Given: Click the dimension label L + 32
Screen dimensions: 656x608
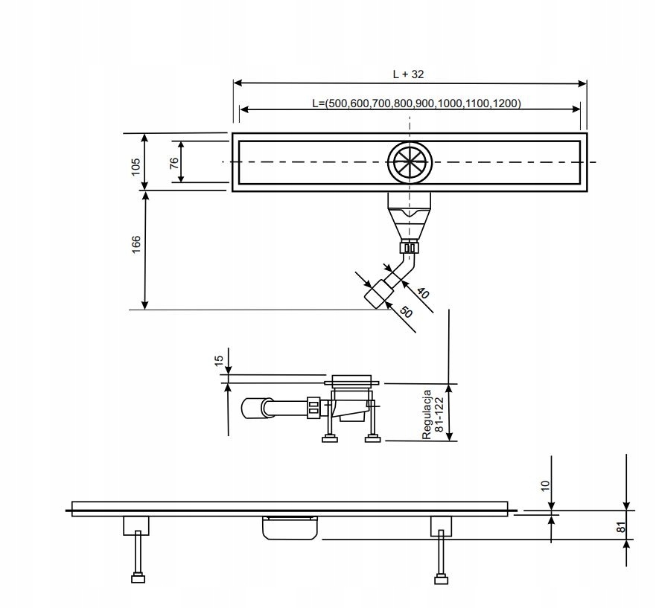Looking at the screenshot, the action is pyautogui.click(x=409, y=74).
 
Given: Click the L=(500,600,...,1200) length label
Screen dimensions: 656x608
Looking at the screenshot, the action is pyautogui.click(x=416, y=103).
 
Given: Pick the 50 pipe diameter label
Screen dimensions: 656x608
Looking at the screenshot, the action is pyautogui.click(x=406, y=311).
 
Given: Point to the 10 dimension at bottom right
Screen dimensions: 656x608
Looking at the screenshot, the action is pyautogui.click(x=545, y=485).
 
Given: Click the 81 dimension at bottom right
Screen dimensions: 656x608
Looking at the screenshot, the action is pyautogui.click(x=620, y=528).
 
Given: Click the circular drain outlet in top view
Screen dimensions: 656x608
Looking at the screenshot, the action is pyautogui.click(x=409, y=161).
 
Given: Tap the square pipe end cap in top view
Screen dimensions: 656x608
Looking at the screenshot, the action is pyautogui.click(x=379, y=294).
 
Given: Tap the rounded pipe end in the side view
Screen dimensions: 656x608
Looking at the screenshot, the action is pyautogui.click(x=254, y=408).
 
